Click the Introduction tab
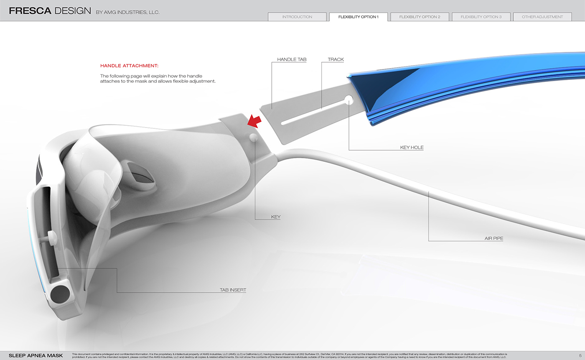297,17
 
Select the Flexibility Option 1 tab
358,17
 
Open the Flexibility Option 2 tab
420,17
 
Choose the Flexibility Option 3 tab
481,17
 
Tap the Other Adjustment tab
542,17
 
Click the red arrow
254,121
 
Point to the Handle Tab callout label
292,60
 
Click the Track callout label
336,60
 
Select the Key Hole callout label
412,148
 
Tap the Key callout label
276,217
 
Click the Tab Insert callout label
233,290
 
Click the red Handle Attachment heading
129,66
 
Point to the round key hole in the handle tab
348,100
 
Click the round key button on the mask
253,137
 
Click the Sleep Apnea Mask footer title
36,356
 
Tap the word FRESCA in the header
30,11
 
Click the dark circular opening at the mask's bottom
60,294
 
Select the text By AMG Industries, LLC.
127,13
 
